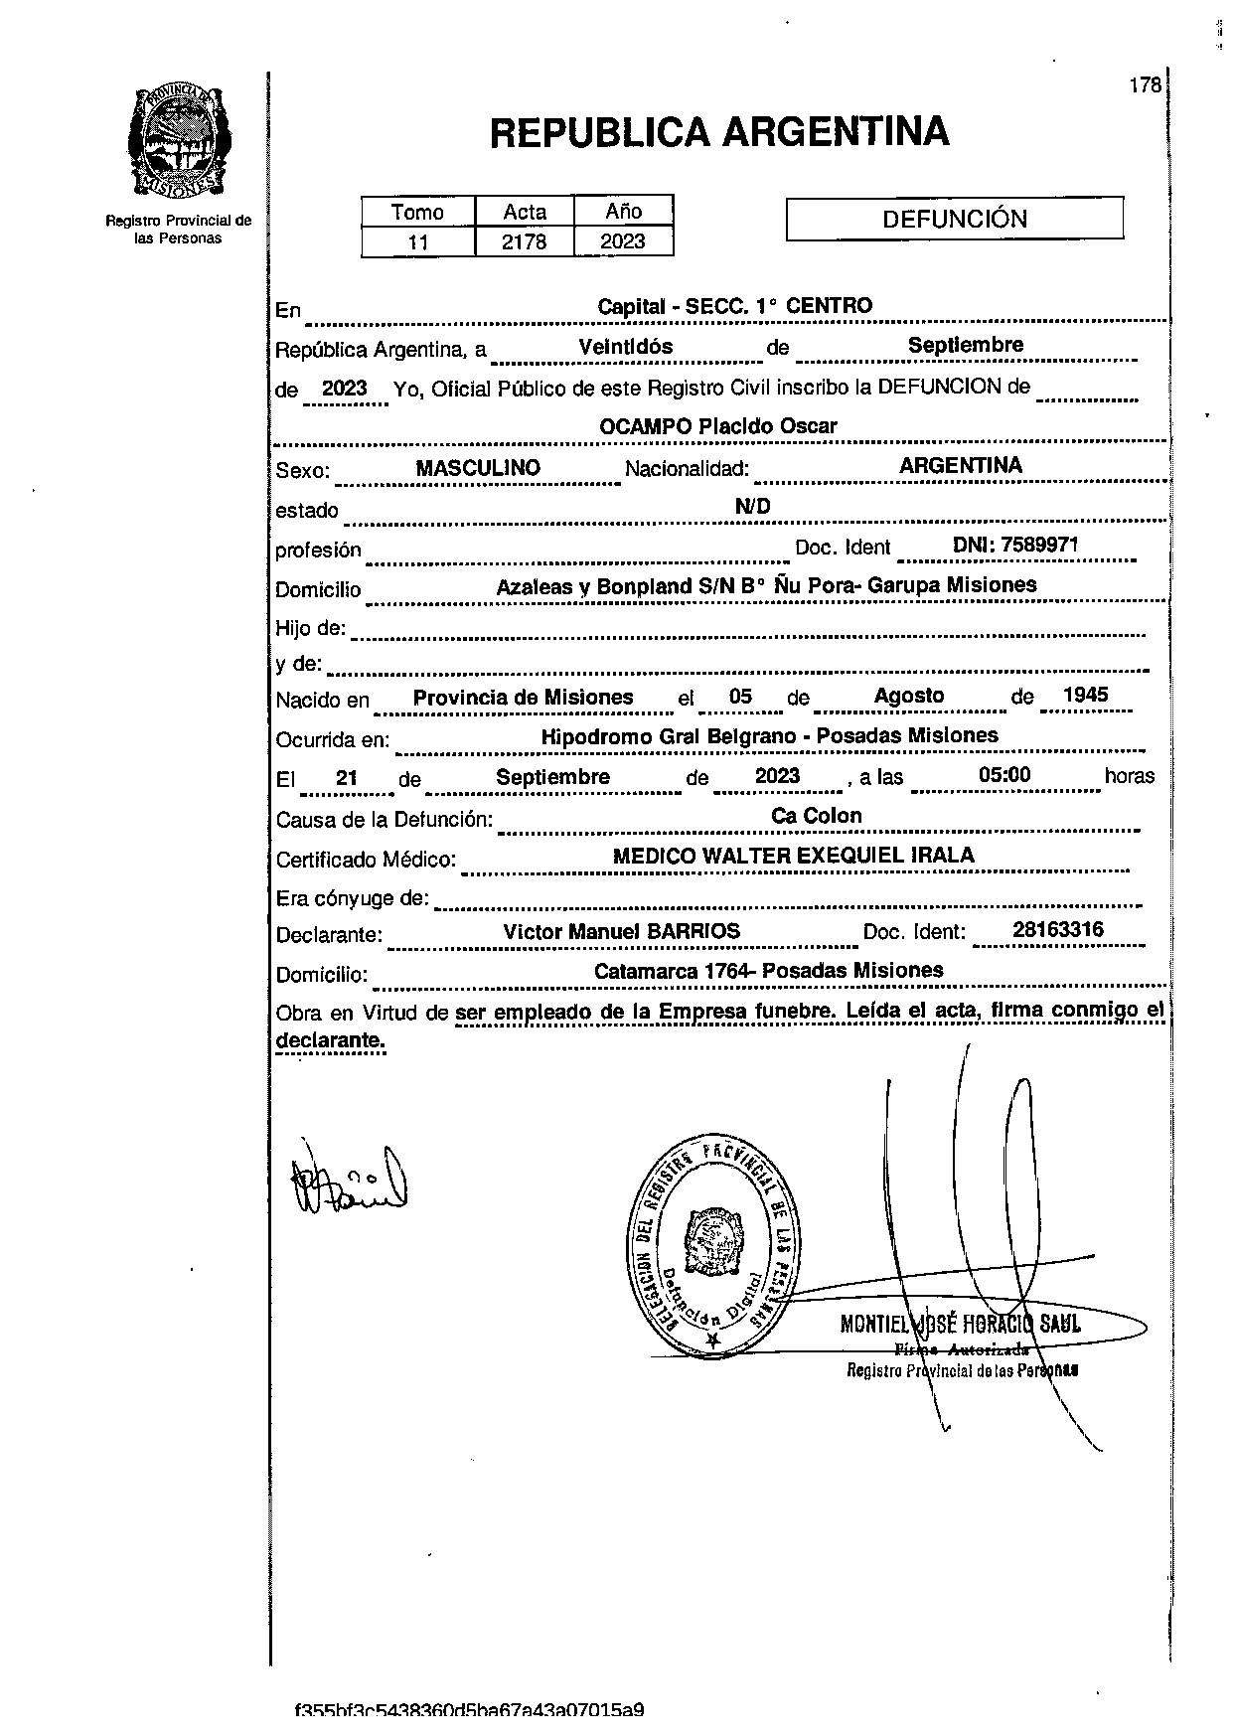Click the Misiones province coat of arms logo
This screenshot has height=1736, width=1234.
(x=178, y=140)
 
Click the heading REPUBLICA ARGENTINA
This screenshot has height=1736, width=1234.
(x=719, y=132)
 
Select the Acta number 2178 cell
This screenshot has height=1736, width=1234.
(x=524, y=241)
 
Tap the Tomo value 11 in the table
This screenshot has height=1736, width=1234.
(x=417, y=241)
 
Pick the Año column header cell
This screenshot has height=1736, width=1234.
(x=623, y=211)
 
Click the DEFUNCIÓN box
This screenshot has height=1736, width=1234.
(x=954, y=220)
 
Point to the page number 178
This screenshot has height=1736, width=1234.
(x=1145, y=85)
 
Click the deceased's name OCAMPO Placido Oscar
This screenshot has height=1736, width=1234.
(x=717, y=426)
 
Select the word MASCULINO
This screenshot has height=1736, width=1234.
(x=478, y=468)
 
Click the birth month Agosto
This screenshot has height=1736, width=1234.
(x=908, y=696)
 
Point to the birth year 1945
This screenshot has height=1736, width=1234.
(x=1085, y=696)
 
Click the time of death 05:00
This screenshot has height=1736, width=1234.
(x=1004, y=775)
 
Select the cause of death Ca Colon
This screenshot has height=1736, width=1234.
(x=816, y=816)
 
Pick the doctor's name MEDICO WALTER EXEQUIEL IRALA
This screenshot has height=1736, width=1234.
(x=793, y=856)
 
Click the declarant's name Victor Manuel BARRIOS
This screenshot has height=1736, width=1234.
(x=621, y=931)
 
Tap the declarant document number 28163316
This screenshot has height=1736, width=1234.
(x=1057, y=931)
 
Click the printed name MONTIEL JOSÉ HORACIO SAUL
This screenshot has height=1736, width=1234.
(x=960, y=1324)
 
